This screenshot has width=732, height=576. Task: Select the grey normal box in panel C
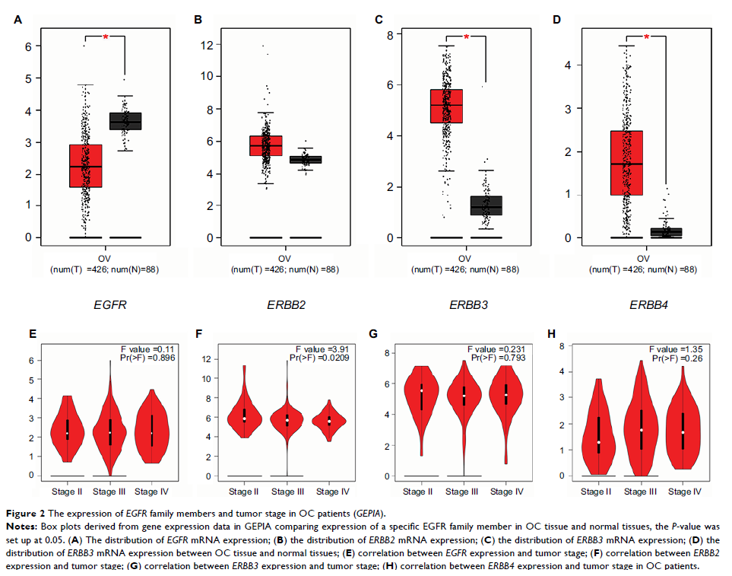(486, 206)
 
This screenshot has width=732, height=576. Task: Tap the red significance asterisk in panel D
(646, 37)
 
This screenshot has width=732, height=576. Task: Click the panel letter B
(198, 19)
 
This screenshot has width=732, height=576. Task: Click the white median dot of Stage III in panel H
(641, 430)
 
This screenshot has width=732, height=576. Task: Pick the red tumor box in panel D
(626, 163)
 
